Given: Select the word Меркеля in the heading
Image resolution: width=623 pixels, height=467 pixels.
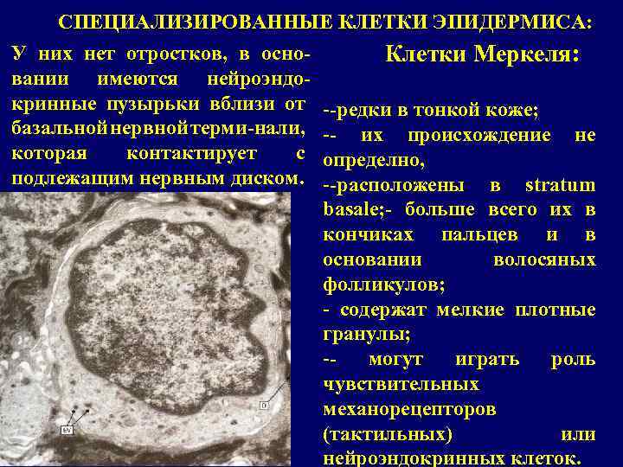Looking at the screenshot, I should click(528, 55).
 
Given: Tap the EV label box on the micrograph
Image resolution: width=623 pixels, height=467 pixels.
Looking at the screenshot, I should click(67, 429).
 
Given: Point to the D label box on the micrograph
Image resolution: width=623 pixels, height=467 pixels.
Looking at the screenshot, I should click(265, 404).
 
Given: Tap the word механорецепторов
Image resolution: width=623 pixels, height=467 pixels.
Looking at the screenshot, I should click(408, 407).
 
